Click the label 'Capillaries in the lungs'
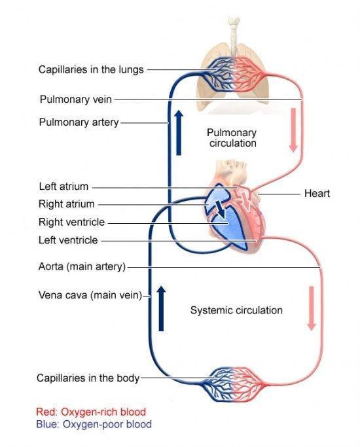click(x=91, y=69)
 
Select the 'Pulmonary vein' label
click(x=75, y=99)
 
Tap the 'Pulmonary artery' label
click(x=79, y=122)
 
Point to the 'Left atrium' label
click(x=63, y=187)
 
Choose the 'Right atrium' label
click(x=66, y=204)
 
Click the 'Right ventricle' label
click(x=71, y=222)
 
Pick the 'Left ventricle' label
click(x=68, y=240)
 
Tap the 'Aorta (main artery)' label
click(x=82, y=266)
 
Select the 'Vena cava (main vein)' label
click(x=90, y=295)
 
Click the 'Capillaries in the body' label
click(x=88, y=378)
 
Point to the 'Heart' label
click(x=317, y=193)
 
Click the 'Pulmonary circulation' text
click(x=232, y=137)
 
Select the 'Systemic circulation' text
click(x=236, y=310)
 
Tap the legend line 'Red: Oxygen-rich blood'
click(x=91, y=412)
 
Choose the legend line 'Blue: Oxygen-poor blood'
click(x=94, y=424)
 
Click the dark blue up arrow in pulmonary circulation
click(x=179, y=132)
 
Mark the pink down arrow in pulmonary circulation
click(x=293, y=130)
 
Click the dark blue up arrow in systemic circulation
click(x=161, y=308)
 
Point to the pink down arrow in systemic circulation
click(x=312, y=308)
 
